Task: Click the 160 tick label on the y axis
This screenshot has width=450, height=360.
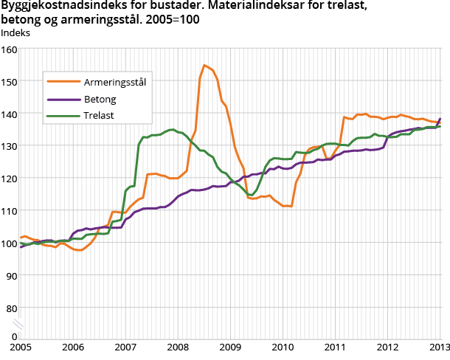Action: pyautogui.click(x=9, y=49)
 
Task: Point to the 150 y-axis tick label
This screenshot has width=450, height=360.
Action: pyautogui.click(x=9, y=81)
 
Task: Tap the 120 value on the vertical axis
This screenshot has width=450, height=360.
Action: pyautogui.click(x=9, y=178)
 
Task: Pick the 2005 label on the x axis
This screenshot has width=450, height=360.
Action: pyautogui.click(x=21, y=347)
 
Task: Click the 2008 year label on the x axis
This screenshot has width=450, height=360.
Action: pyautogui.click(x=178, y=347)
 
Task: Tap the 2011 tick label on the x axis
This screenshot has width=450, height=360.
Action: pyautogui.click(x=335, y=347)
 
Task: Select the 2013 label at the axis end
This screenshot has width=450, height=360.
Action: pyautogui.click(x=440, y=347)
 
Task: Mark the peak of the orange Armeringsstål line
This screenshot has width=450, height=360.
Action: pyautogui.click(x=204, y=65)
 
